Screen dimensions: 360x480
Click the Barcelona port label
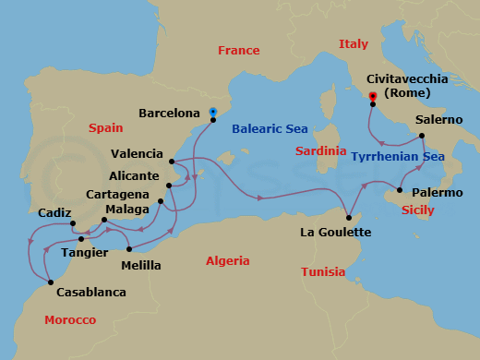pos(169,113)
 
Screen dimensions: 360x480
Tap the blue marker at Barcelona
pos(213,113)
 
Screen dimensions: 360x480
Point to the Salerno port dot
pos(423,137)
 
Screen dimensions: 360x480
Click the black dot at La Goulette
pos(350,217)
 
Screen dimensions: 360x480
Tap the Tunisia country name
pos(323,272)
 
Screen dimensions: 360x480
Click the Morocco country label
pos(70,319)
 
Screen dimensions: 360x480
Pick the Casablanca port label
pos(90,293)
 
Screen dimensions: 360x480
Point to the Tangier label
pos(84,252)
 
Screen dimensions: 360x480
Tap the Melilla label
pos(141,266)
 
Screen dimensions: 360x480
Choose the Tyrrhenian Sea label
pos(398,157)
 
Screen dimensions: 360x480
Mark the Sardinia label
pos(320,150)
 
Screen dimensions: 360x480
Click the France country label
pos(239,51)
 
